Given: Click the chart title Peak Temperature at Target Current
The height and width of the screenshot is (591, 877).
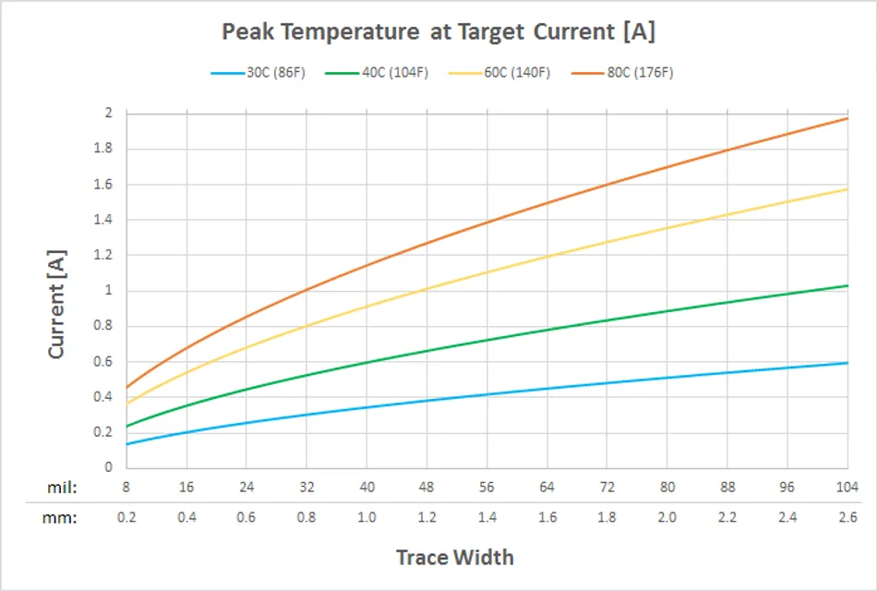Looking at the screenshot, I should (x=438, y=31).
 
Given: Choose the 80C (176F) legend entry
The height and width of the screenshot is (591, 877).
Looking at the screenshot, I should (x=639, y=73).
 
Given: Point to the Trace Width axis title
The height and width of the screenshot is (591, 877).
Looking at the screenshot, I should (x=454, y=557).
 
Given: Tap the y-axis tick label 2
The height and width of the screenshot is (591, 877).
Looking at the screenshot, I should (x=107, y=113).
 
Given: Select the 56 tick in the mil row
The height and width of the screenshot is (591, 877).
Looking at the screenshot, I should (x=487, y=487).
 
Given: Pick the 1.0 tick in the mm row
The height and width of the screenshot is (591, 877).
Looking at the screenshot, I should (x=366, y=517).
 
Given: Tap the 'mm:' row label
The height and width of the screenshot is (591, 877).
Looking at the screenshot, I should (x=61, y=517).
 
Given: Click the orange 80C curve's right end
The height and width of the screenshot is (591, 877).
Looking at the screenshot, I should (x=847, y=118).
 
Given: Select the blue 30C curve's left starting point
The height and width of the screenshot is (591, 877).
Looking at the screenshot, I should (x=127, y=444).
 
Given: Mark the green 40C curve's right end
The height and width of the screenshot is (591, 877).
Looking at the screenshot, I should (x=847, y=285).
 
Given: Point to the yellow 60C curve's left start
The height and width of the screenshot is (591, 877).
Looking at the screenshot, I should (x=127, y=404).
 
